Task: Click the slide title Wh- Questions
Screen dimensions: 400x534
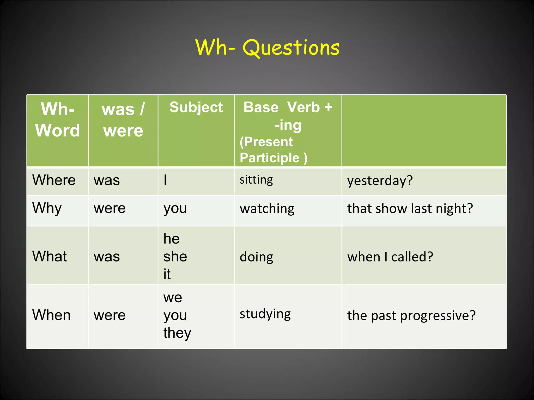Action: tap(267, 48)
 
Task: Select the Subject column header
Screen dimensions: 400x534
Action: tap(196, 107)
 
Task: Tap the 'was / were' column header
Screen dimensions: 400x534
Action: tap(123, 120)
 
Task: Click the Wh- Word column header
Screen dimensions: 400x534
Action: tap(58, 120)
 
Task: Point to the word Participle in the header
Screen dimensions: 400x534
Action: tap(269, 158)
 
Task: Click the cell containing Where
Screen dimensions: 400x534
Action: tap(54, 180)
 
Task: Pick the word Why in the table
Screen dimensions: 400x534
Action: tap(47, 208)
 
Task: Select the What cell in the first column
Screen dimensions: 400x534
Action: tap(50, 256)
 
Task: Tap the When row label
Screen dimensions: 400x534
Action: tap(51, 315)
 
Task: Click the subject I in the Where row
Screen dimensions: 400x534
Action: tap(165, 180)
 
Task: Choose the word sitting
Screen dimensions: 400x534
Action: tap(256, 180)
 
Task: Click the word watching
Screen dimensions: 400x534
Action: tap(267, 209)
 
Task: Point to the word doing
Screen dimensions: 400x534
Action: tap(256, 257)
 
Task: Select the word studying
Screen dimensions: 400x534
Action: tap(265, 314)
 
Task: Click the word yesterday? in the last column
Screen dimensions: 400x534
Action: tap(380, 181)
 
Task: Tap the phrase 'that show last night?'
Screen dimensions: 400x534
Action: tap(410, 209)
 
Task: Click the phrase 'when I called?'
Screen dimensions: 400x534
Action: tap(390, 257)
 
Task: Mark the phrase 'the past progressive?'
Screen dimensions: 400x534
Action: tap(411, 316)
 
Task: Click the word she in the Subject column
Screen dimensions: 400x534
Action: tap(175, 257)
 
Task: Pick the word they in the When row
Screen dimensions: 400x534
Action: tap(177, 333)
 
